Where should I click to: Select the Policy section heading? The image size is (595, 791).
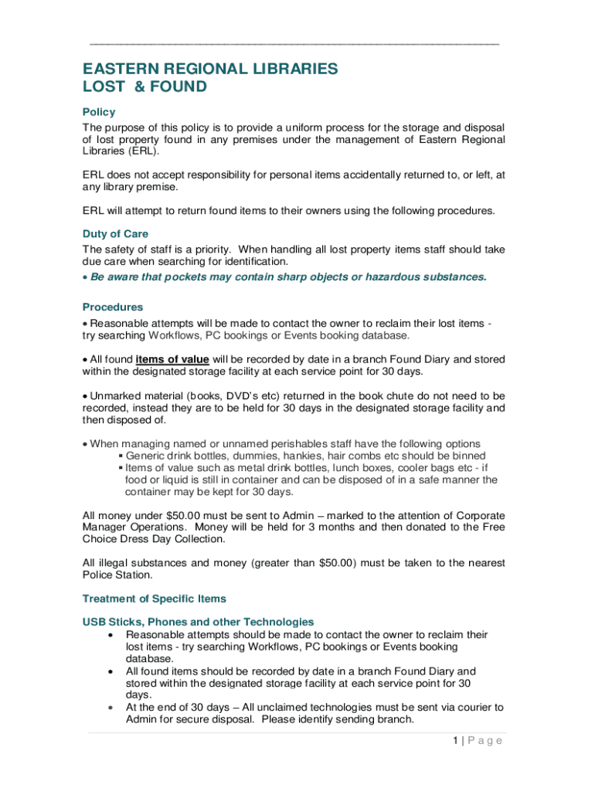coord(99,112)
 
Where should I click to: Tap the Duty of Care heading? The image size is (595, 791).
coord(115,233)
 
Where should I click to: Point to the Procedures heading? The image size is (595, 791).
coord(113,307)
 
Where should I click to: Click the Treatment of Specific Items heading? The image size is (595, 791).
coord(155,599)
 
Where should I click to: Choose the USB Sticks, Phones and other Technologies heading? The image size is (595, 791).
coord(198,621)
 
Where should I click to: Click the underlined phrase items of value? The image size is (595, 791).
coord(172,359)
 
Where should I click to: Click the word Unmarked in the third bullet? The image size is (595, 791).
coord(117,395)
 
